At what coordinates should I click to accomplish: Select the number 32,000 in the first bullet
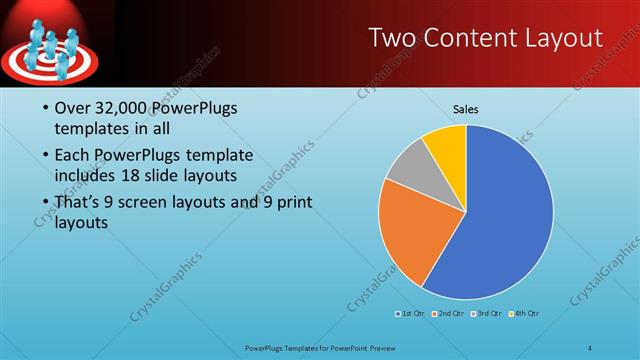125,109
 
